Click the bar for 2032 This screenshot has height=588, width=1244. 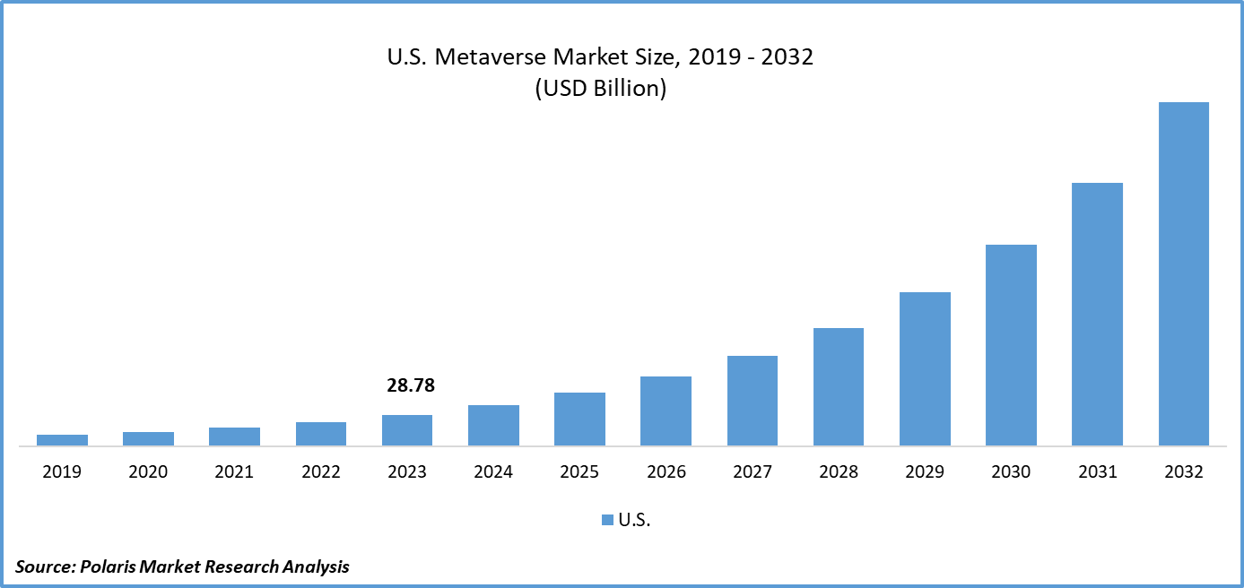tap(1183, 273)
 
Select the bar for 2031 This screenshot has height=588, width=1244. tap(1097, 314)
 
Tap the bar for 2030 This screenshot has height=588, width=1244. tap(1011, 345)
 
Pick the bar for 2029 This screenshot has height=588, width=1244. tap(925, 368)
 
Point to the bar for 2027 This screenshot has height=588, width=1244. tap(752, 401)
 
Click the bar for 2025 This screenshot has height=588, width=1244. tap(579, 419)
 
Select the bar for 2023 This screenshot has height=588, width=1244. tap(407, 430)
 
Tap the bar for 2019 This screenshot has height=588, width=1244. tap(62, 440)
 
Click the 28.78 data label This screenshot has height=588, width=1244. tap(411, 386)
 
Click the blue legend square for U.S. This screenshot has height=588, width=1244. tap(607, 520)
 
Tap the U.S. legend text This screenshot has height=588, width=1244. tap(634, 520)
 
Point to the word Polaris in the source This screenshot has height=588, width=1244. tap(108, 566)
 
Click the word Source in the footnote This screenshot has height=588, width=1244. tap(43, 566)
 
